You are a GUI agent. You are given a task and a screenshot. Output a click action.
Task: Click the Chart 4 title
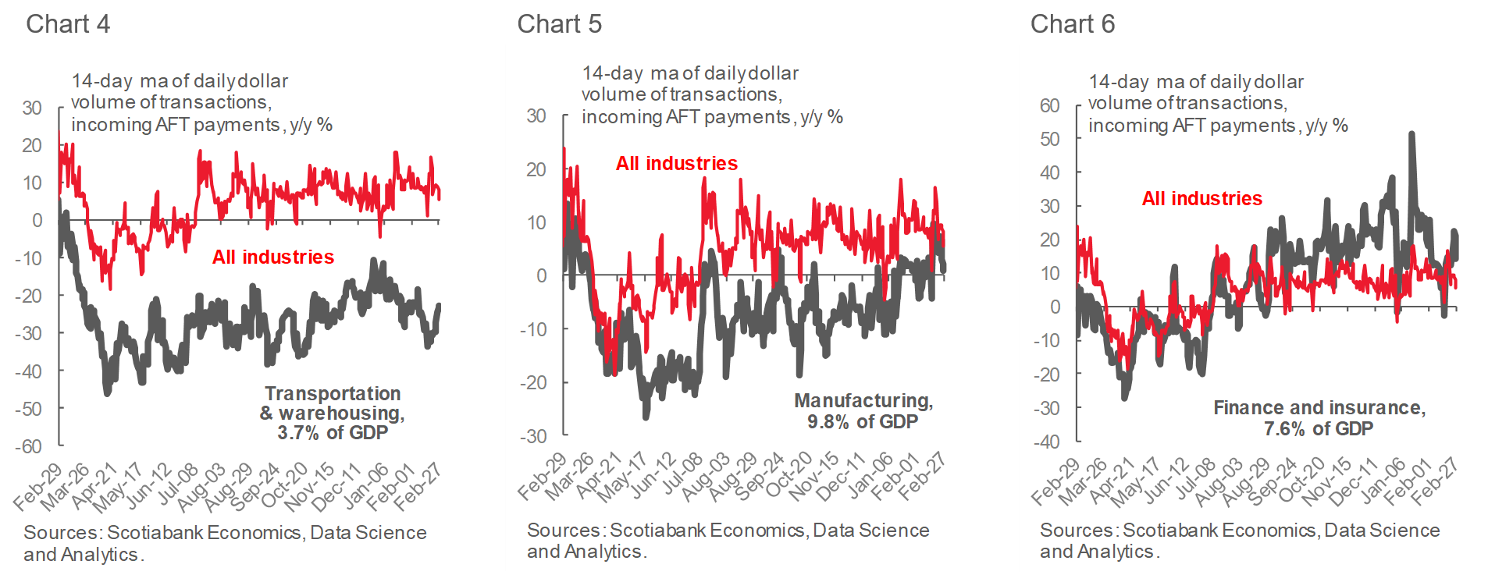[x=68, y=24]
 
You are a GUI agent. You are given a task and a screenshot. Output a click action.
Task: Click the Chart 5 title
[x=559, y=24]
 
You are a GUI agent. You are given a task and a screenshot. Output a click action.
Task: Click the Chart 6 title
[x=1072, y=24]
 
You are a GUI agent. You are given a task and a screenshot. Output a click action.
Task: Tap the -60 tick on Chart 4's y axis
[x=29, y=446]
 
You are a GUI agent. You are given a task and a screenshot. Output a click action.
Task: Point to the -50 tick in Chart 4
[x=29, y=409]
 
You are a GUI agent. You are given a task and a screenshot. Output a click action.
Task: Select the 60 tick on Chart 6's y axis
[x=1049, y=105]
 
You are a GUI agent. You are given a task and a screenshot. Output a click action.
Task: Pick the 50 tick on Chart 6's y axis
[x=1049, y=139]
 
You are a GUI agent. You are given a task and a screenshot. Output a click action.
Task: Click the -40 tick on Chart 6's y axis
[x=1047, y=442]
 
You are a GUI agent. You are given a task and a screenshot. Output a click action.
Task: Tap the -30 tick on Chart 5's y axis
[x=534, y=436]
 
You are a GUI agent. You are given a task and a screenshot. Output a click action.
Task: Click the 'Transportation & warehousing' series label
[x=332, y=413]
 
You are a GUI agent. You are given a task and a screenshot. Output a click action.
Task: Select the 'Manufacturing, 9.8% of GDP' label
[x=863, y=410]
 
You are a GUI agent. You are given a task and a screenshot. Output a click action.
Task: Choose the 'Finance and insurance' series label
[x=1319, y=417]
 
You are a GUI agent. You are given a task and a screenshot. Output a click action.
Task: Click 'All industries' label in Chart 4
[x=273, y=257]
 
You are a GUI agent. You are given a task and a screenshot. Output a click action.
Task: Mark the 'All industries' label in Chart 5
[x=676, y=163]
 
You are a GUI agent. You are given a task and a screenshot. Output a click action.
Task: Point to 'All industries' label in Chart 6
[x=1201, y=198]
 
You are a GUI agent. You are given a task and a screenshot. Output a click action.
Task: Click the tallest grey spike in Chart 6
[x=1411, y=134]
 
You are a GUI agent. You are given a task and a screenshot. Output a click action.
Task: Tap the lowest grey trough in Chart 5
[x=646, y=417]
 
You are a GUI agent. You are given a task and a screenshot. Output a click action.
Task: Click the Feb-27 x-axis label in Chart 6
[x=1436, y=479]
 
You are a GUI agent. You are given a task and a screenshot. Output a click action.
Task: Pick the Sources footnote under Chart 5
[x=728, y=541]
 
